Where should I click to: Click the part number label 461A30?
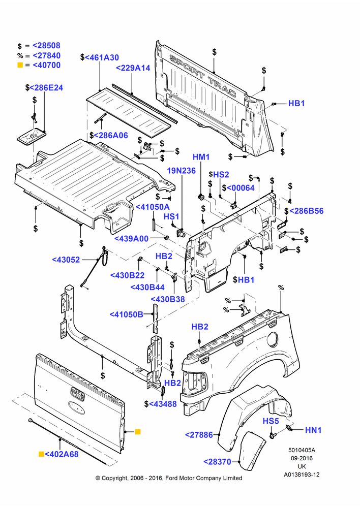coord(102,58)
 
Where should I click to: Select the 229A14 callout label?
coord(133,68)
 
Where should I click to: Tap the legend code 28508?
coord(46,46)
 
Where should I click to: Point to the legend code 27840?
coord(46,55)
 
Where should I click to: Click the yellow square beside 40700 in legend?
coord(20,65)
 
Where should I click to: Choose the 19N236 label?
coord(182,171)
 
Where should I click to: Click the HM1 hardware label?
coord(201,157)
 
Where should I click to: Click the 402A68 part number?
coord(62,454)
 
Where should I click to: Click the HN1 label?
coord(313,430)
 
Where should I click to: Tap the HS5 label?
coord(271,421)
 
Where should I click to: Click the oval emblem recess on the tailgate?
coord(77,407)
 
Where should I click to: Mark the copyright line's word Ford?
coord(172,478)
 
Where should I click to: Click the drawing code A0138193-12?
coord(302,474)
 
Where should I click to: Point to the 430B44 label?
coord(147,288)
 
